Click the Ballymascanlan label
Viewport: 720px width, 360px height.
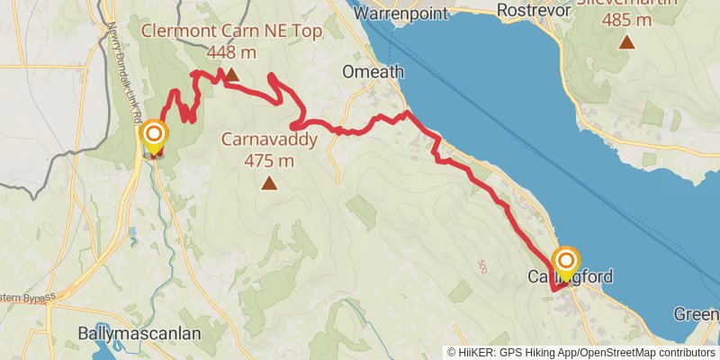pos(139,333)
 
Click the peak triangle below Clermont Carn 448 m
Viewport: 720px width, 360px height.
pos(231,76)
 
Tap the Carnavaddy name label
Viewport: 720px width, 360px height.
pos(269,141)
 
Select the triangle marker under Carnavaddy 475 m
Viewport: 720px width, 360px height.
pos(269,184)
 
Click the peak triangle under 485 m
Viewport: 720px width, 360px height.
pos(627,42)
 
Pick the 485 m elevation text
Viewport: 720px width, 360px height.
pos(627,19)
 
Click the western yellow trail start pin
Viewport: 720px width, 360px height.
pos(154,137)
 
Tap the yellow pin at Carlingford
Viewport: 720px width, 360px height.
pos(566,262)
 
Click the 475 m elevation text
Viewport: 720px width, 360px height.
pos(269,161)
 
